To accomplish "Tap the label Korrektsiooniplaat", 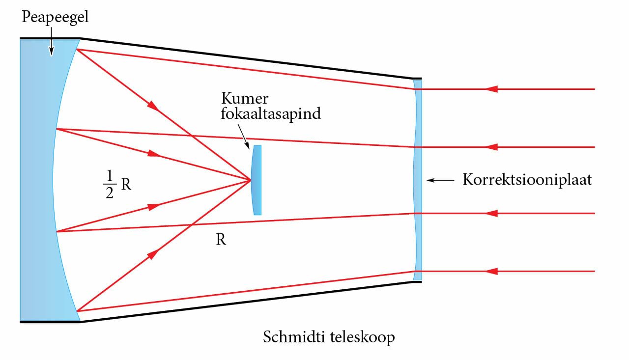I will [x=527, y=180].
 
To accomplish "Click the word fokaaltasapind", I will [x=271, y=113].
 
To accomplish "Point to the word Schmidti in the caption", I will [x=294, y=338].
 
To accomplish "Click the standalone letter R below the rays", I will [x=221, y=240].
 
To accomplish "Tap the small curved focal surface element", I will [x=257, y=180].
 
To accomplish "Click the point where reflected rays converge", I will [x=251, y=180].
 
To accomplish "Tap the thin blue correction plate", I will [x=418, y=180].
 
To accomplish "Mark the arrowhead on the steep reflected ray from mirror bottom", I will [x=153, y=253].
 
